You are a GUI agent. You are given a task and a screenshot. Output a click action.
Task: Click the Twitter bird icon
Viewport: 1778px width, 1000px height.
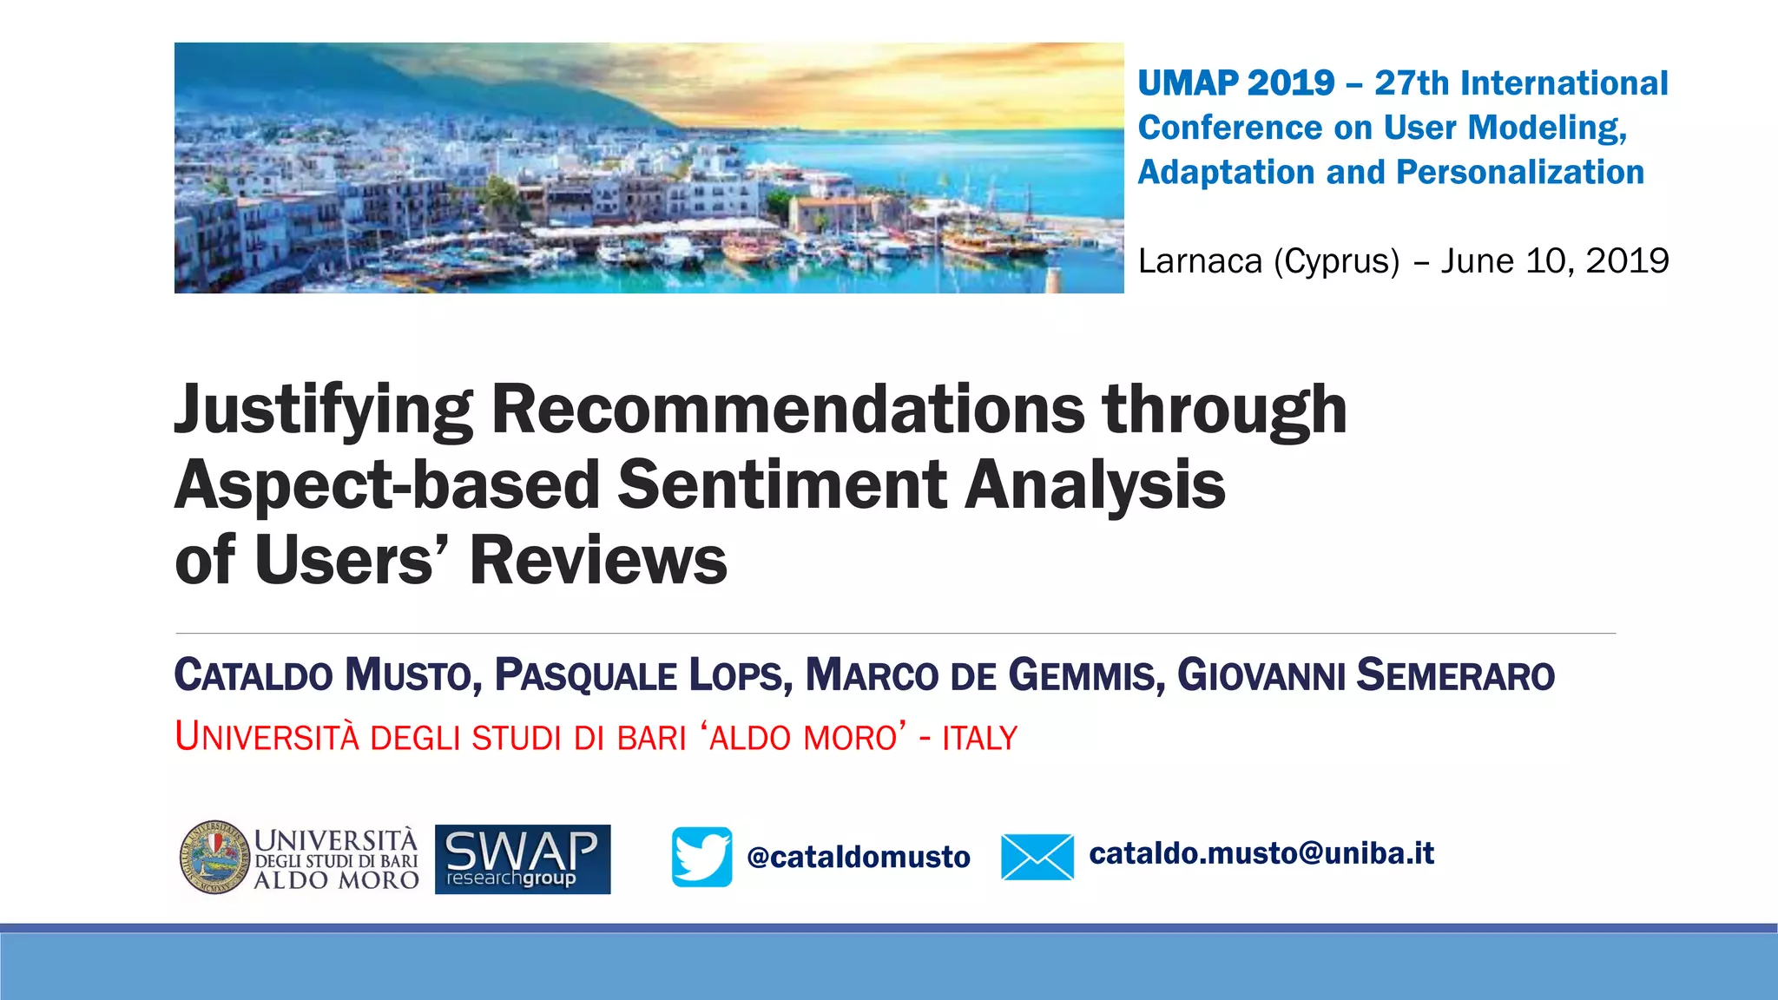coord(701,857)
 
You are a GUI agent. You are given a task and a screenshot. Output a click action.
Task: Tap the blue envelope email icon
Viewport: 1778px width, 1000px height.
coord(1037,857)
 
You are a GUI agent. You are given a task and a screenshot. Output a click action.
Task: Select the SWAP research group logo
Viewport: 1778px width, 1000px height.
coord(523,859)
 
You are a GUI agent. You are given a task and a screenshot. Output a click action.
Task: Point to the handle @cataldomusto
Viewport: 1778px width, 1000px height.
coord(858,857)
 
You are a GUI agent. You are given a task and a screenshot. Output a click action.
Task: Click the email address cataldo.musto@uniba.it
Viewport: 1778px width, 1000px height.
coord(1261,853)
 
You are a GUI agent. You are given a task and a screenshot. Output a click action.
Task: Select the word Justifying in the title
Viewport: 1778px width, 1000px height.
coord(323,410)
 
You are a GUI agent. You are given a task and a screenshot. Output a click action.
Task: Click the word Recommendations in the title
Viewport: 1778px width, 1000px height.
coord(787,410)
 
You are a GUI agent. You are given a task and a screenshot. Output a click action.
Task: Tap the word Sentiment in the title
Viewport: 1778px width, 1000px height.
coord(781,484)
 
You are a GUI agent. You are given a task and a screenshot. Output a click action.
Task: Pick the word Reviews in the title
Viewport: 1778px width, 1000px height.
coord(598,560)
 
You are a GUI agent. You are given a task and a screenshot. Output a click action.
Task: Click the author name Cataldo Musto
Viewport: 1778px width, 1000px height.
coord(322,675)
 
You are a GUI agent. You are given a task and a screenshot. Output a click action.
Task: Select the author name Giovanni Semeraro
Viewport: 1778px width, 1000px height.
coord(1365,675)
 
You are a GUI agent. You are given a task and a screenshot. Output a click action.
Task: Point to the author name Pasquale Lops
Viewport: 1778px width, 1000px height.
coord(643,675)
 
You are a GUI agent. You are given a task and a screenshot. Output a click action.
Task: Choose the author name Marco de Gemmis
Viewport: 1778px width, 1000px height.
coord(984,675)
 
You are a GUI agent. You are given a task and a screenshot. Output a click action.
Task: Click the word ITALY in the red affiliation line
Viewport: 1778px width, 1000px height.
coord(979,738)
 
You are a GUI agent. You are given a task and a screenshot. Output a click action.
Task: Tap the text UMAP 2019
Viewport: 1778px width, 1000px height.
coord(1235,83)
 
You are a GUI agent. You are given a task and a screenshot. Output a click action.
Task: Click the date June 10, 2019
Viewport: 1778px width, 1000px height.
coord(1554,260)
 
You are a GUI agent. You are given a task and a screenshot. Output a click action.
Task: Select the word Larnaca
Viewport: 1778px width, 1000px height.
coord(1199,260)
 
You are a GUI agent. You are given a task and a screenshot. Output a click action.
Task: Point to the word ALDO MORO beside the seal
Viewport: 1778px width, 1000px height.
coord(336,880)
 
